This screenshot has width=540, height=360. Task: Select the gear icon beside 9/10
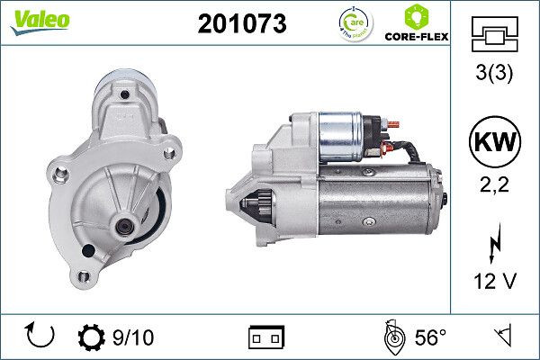coord(93,338)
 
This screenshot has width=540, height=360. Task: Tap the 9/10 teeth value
coord(134,338)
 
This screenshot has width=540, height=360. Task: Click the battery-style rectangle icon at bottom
coord(265,338)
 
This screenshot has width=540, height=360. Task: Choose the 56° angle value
coord(431,338)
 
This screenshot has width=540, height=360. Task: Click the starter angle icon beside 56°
coord(392,338)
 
